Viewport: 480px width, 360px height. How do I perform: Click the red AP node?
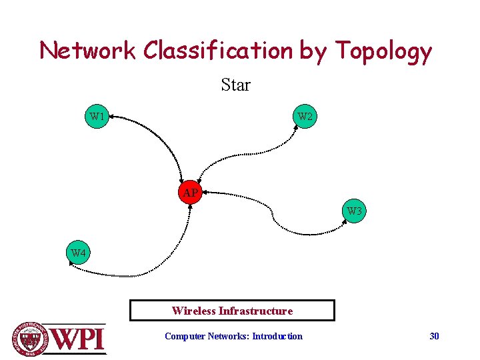[190, 193]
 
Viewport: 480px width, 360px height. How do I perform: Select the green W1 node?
[97, 117]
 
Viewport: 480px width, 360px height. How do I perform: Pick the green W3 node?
[355, 212]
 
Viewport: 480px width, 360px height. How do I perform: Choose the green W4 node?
[79, 253]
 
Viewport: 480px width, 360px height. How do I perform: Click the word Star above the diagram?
[235, 85]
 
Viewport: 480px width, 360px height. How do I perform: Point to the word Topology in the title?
[383, 51]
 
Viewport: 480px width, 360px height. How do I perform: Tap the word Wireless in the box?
[193, 311]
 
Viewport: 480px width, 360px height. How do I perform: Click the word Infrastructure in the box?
[256, 311]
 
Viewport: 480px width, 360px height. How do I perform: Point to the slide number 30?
[434, 336]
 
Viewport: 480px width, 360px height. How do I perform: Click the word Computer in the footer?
[185, 336]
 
